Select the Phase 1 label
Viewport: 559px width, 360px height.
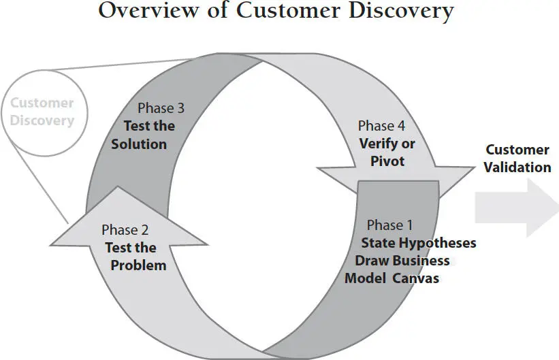click(389, 225)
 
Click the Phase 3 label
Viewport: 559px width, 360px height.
click(161, 108)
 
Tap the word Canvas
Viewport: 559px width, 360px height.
click(415, 278)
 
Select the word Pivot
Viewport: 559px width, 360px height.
click(387, 161)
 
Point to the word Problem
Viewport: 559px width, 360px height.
click(138, 265)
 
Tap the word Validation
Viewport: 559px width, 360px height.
click(517, 167)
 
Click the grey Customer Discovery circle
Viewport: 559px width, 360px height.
click(42, 112)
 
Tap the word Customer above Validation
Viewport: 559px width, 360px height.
click(517, 150)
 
